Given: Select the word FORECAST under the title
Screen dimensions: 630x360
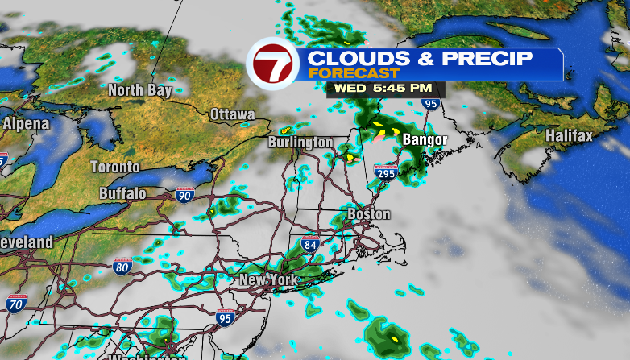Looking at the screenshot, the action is point(338,72).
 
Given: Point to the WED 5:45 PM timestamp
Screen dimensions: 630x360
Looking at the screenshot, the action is point(383,87).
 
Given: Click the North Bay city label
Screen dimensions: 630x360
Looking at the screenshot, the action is point(140,90).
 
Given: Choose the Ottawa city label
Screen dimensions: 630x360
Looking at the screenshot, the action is point(232,114).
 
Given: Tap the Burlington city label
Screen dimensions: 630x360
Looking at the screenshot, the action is point(300,143).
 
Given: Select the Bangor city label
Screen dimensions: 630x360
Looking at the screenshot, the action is point(425,140).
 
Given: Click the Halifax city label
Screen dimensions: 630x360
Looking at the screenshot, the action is point(569,136).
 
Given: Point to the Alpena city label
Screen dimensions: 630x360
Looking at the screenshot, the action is point(26,124).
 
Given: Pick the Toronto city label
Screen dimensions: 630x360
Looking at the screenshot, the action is point(114,167).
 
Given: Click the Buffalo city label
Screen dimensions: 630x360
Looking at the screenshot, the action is point(122,193).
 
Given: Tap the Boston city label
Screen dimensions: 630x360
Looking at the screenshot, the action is point(369,214).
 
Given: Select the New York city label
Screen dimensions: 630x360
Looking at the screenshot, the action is point(268,280).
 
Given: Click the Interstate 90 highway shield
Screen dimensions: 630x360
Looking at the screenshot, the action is point(184,194).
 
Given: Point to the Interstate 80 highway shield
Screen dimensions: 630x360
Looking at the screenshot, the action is point(122,267).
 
